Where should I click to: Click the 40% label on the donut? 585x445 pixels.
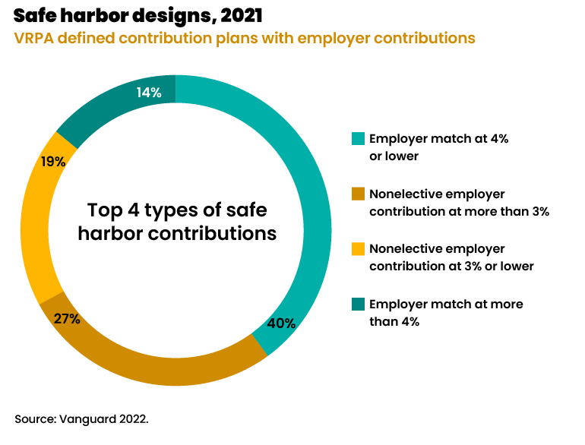(281, 323)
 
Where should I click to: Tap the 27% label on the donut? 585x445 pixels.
(67, 318)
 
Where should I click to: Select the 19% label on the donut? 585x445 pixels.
(53, 161)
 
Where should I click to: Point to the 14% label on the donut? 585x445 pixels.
(149, 93)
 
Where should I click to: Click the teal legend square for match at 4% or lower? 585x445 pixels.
(358, 138)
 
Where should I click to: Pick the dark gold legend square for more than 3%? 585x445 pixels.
(358, 194)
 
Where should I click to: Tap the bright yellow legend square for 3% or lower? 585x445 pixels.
(358, 248)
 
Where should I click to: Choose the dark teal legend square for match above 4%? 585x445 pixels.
(358, 304)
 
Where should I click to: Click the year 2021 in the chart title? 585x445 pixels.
(242, 14)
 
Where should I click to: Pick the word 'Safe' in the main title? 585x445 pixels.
(36, 14)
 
